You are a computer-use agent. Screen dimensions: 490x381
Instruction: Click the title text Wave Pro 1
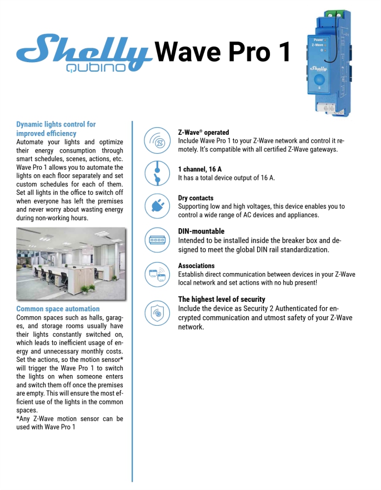pos(223,52)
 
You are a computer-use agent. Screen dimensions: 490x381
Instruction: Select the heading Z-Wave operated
pos(203,133)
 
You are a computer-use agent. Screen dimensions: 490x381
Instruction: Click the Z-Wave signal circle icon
pos(157,142)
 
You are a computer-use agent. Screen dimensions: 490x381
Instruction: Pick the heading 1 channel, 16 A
pos(203,169)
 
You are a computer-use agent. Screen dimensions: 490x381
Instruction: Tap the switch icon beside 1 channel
pos(157,173)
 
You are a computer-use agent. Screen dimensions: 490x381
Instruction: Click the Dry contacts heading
pos(195,198)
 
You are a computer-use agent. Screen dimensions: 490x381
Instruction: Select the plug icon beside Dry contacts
pos(157,206)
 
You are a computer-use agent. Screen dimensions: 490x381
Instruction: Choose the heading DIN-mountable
pos(201,231)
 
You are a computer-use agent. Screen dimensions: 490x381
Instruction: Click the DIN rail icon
pos(157,240)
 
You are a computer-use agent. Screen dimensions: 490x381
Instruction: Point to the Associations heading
pos(196,266)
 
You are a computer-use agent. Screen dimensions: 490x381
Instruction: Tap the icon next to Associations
pos(157,275)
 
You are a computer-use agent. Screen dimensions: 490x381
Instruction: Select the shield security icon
pos(157,312)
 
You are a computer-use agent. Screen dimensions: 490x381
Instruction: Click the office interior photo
pos(70,263)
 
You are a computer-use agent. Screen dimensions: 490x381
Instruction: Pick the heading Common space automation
pos(58,309)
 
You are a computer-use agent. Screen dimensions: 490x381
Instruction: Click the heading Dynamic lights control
pos(56,129)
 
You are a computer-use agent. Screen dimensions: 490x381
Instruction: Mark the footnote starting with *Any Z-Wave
pos(70,423)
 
